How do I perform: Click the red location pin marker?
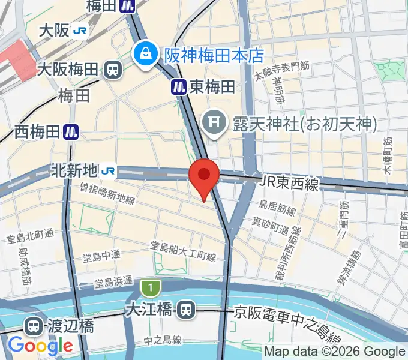204,176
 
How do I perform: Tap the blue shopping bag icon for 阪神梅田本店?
145,54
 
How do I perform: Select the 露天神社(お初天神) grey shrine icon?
212,123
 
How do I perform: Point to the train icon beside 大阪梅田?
112,70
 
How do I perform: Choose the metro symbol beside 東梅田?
178,86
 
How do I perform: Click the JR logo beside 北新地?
109,171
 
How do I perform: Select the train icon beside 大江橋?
186,310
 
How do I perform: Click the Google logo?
40,346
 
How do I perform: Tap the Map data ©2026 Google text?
335,352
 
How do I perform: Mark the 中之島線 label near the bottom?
163,340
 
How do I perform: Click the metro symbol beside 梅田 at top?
127,6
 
